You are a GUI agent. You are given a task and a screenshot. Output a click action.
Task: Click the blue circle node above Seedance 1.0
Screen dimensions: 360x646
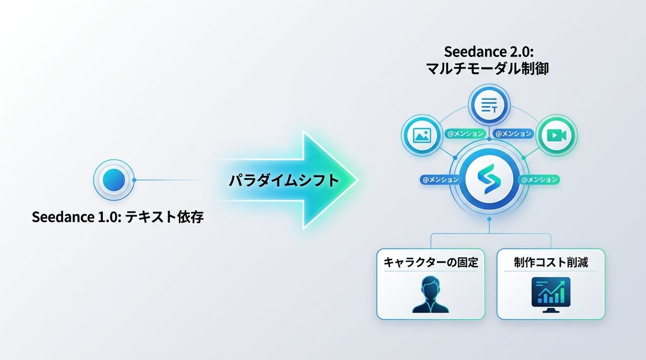click(114, 180)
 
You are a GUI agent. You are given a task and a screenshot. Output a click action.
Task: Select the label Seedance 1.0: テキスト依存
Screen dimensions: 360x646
click(118, 218)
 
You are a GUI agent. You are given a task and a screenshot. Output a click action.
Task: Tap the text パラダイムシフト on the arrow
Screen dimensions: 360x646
click(284, 180)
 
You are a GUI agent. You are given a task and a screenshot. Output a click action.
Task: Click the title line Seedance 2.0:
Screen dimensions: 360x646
click(489, 52)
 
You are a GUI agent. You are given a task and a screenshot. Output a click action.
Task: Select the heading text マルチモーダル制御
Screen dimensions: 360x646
click(489, 69)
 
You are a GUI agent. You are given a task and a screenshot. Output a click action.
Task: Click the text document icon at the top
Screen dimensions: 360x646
click(489, 105)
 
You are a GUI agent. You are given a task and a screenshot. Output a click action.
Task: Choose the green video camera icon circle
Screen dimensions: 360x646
click(557, 135)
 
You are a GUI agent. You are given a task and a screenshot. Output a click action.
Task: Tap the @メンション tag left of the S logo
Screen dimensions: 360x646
click(440, 180)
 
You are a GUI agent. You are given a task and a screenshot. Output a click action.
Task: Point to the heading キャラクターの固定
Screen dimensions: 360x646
click(431, 263)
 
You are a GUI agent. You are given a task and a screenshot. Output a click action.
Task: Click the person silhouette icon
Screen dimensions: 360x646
click(431, 294)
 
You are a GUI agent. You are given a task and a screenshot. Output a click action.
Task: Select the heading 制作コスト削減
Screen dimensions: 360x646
click(551, 263)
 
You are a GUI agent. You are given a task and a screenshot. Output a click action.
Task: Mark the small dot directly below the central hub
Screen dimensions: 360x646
click(489, 220)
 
